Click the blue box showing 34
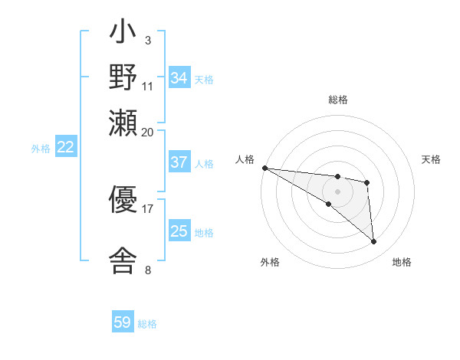pyautogui.click(x=179, y=78)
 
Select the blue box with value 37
pyautogui.click(x=179, y=162)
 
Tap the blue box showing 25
pyautogui.click(x=179, y=231)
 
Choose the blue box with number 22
pyautogui.click(x=66, y=148)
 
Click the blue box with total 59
pyautogui.click(x=123, y=322)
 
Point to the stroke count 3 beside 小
pyautogui.click(x=148, y=41)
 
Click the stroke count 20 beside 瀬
pyautogui.click(x=148, y=132)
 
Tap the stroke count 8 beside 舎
pyautogui.click(x=148, y=270)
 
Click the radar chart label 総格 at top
pyautogui.click(x=337, y=100)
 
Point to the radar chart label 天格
pyautogui.click(x=432, y=159)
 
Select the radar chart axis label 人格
pyautogui.click(x=245, y=159)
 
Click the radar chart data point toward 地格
pyautogui.click(x=373, y=242)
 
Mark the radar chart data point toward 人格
pyautogui.click(x=264, y=168)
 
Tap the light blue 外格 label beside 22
pyautogui.click(x=41, y=149)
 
